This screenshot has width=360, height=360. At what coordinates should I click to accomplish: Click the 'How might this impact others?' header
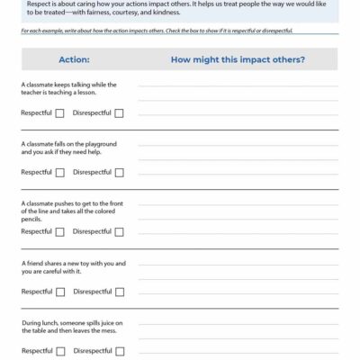[x=237, y=59]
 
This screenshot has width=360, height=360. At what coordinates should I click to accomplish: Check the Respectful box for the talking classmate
[x=60, y=113]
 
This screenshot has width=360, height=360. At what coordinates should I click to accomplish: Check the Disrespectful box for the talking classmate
[x=119, y=113]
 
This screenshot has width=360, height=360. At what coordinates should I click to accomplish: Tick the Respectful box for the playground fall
[x=60, y=172]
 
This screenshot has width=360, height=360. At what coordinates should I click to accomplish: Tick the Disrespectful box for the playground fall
[x=119, y=172]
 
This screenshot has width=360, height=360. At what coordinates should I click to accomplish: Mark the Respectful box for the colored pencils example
[x=60, y=231]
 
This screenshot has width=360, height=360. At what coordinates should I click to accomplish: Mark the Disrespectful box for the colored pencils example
[x=119, y=231]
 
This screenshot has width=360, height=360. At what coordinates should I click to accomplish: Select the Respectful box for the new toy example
[x=60, y=292]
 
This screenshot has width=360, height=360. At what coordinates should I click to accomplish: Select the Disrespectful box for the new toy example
[x=119, y=292]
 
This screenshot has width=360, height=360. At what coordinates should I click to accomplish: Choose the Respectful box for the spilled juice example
[x=60, y=351]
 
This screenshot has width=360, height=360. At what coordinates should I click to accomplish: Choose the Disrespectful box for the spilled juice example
[x=119, y=351]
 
